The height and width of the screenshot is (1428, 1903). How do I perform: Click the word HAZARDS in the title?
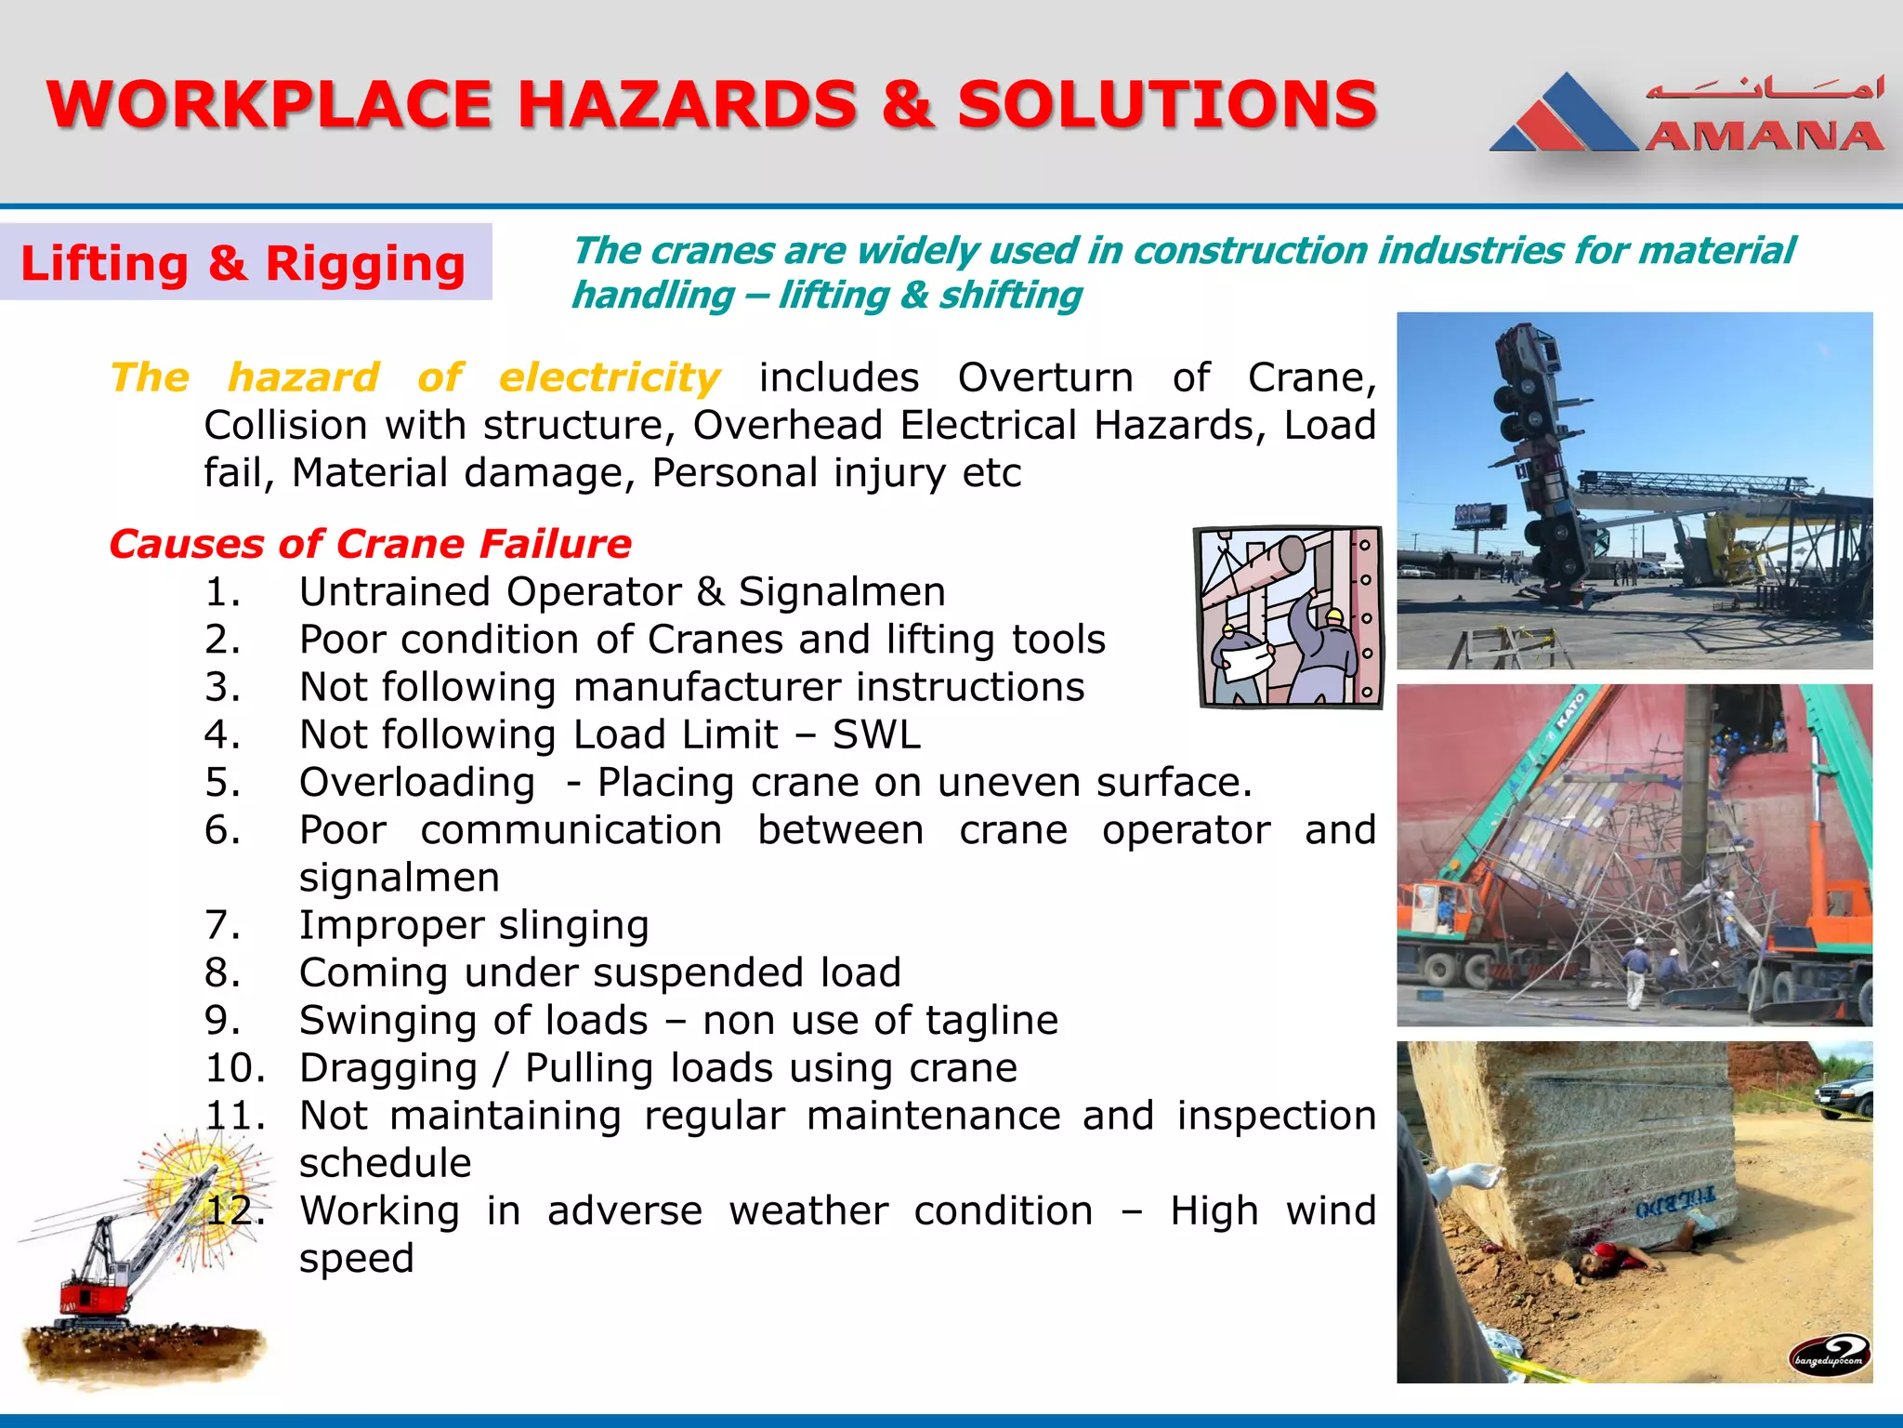[x=688, y=104]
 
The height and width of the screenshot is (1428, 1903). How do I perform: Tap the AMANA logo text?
[x=1764, y=137]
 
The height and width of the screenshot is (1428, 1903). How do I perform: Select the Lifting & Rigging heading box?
[x=244, y=263]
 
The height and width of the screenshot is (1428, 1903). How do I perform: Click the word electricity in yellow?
[x=610, y=377]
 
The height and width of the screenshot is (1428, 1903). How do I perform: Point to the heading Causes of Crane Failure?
[x=370, y=544]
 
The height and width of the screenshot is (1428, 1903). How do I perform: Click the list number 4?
[x=222, y=734]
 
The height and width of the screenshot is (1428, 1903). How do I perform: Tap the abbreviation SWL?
[x=876, y=734]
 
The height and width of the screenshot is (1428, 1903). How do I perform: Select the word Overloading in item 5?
[x=417, y=782]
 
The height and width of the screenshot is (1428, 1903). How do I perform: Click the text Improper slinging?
[x=474, y=925]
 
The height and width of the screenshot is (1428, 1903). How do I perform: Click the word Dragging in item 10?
[x=387, y=1067]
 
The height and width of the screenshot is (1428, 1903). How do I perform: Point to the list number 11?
[x=234, y=1116]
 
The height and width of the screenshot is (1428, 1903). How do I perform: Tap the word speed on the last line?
[x=356, y=1258]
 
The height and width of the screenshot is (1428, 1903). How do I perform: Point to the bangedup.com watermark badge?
[x=1829, y=1355]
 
